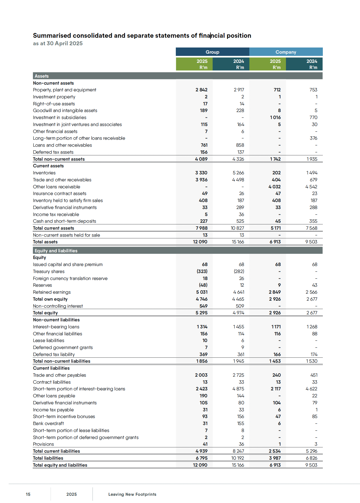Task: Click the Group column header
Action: pyautogui.click(x=212, y=52)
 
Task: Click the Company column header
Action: pyautogui.click(x=286, y=52)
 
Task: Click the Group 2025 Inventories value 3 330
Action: pyautogui.click(x=201, y=173)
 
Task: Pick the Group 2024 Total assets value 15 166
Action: pyautogui.click(x=238, y=242)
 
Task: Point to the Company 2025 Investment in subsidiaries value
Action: pyautogui.click(x=275, y=117)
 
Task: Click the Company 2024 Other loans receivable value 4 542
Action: pyautogui.click(x=311, y=187)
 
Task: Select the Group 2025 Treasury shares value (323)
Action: pyautogui.click(x=202, y=271)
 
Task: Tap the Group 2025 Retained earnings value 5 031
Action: pyautogui.click(x=202, y=292)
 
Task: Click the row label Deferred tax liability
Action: pyautogui.click(x=54, y=354)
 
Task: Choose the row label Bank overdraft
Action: pyautogui.click(x=48, y=423)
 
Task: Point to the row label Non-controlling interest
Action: pyautogui.click(x=58, y=306)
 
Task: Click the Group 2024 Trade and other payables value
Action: pyautogui.click(x=238, y=375)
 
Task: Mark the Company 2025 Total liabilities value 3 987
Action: pyautogui.click(x=275, y=458)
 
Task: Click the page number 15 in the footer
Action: pyautogui.click(x=28, y=494)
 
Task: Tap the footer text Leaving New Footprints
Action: pyautogui.click(x=132, y=494)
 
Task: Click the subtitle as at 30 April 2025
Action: pyautogui.click(x=58, y=43)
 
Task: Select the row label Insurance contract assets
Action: pyautogui.click(x=60, y=193)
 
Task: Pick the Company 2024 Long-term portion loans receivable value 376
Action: pyautogui.click(x=313, y=138)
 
